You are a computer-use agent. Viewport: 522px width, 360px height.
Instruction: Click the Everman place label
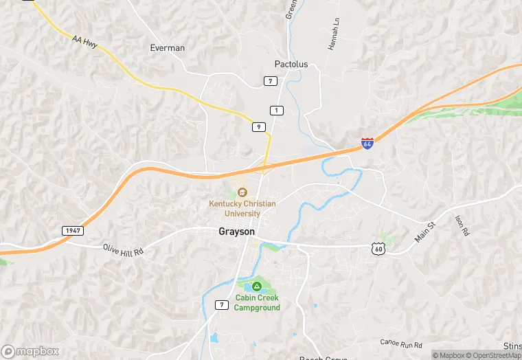coord(167,48)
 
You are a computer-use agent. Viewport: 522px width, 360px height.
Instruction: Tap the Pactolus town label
coord(291,64)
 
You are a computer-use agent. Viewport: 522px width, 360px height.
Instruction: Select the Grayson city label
coord(236,232)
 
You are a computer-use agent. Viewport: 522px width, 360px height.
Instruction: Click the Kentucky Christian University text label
coord(242,209)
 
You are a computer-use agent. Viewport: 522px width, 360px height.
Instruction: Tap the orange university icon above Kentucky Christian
coord(242,192)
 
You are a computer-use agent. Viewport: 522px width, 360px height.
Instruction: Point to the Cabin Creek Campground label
coord(257,302)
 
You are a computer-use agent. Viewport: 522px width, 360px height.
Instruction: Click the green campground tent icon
coord(256,286)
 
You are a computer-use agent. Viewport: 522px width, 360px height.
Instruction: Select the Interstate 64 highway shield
coord(367,144)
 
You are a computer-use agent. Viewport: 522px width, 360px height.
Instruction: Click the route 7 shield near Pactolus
coord(271,81)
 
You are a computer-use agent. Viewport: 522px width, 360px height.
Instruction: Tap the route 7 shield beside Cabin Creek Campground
coord(221,304)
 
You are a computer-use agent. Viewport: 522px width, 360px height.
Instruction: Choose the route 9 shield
coord(258,126)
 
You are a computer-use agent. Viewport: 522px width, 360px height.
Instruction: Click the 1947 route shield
coord(72,230)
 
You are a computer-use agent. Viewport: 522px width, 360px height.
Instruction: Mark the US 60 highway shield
coord(379,249)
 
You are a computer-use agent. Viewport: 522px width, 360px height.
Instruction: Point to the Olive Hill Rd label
coord(123,250)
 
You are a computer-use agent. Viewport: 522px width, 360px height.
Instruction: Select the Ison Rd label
coord(461,225)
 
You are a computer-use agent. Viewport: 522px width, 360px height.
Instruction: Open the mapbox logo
coord(30,351)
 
